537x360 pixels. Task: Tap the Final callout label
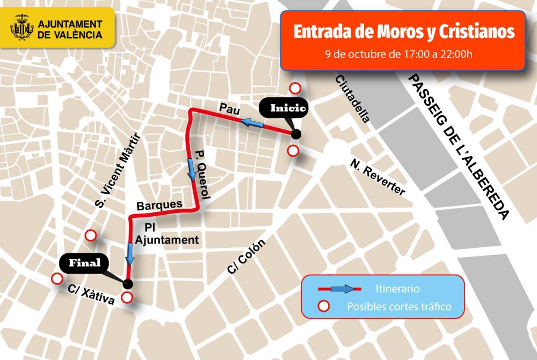pyautogui.click(x=85, y=263)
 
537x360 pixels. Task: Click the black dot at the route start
pyautogui.click(x=295, y=134)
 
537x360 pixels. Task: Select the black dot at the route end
pyautogui.click(x=128, y=283)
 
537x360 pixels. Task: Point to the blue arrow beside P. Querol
pyautogui.click(x=192, y=168)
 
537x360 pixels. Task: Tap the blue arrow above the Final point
pyautogui.click(x=130, y=253)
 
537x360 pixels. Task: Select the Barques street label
pyautogui.click(x=159, y=205)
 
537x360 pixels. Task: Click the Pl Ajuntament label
pyautogui.click(x=166, y=234)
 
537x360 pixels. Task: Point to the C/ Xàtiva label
pyautogui.click(x=91, y=295)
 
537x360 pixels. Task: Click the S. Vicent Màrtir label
pyautogui.click(x=118, y=172)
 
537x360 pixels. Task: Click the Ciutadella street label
pyautogui.click(x=352, y=99)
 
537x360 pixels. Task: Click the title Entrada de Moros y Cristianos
pyautogui.click(x=403, y=32)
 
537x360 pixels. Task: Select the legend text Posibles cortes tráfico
pyautogui.click(x=399, y=307)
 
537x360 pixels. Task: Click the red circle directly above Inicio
pyautogui.click(x=295, y=88)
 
